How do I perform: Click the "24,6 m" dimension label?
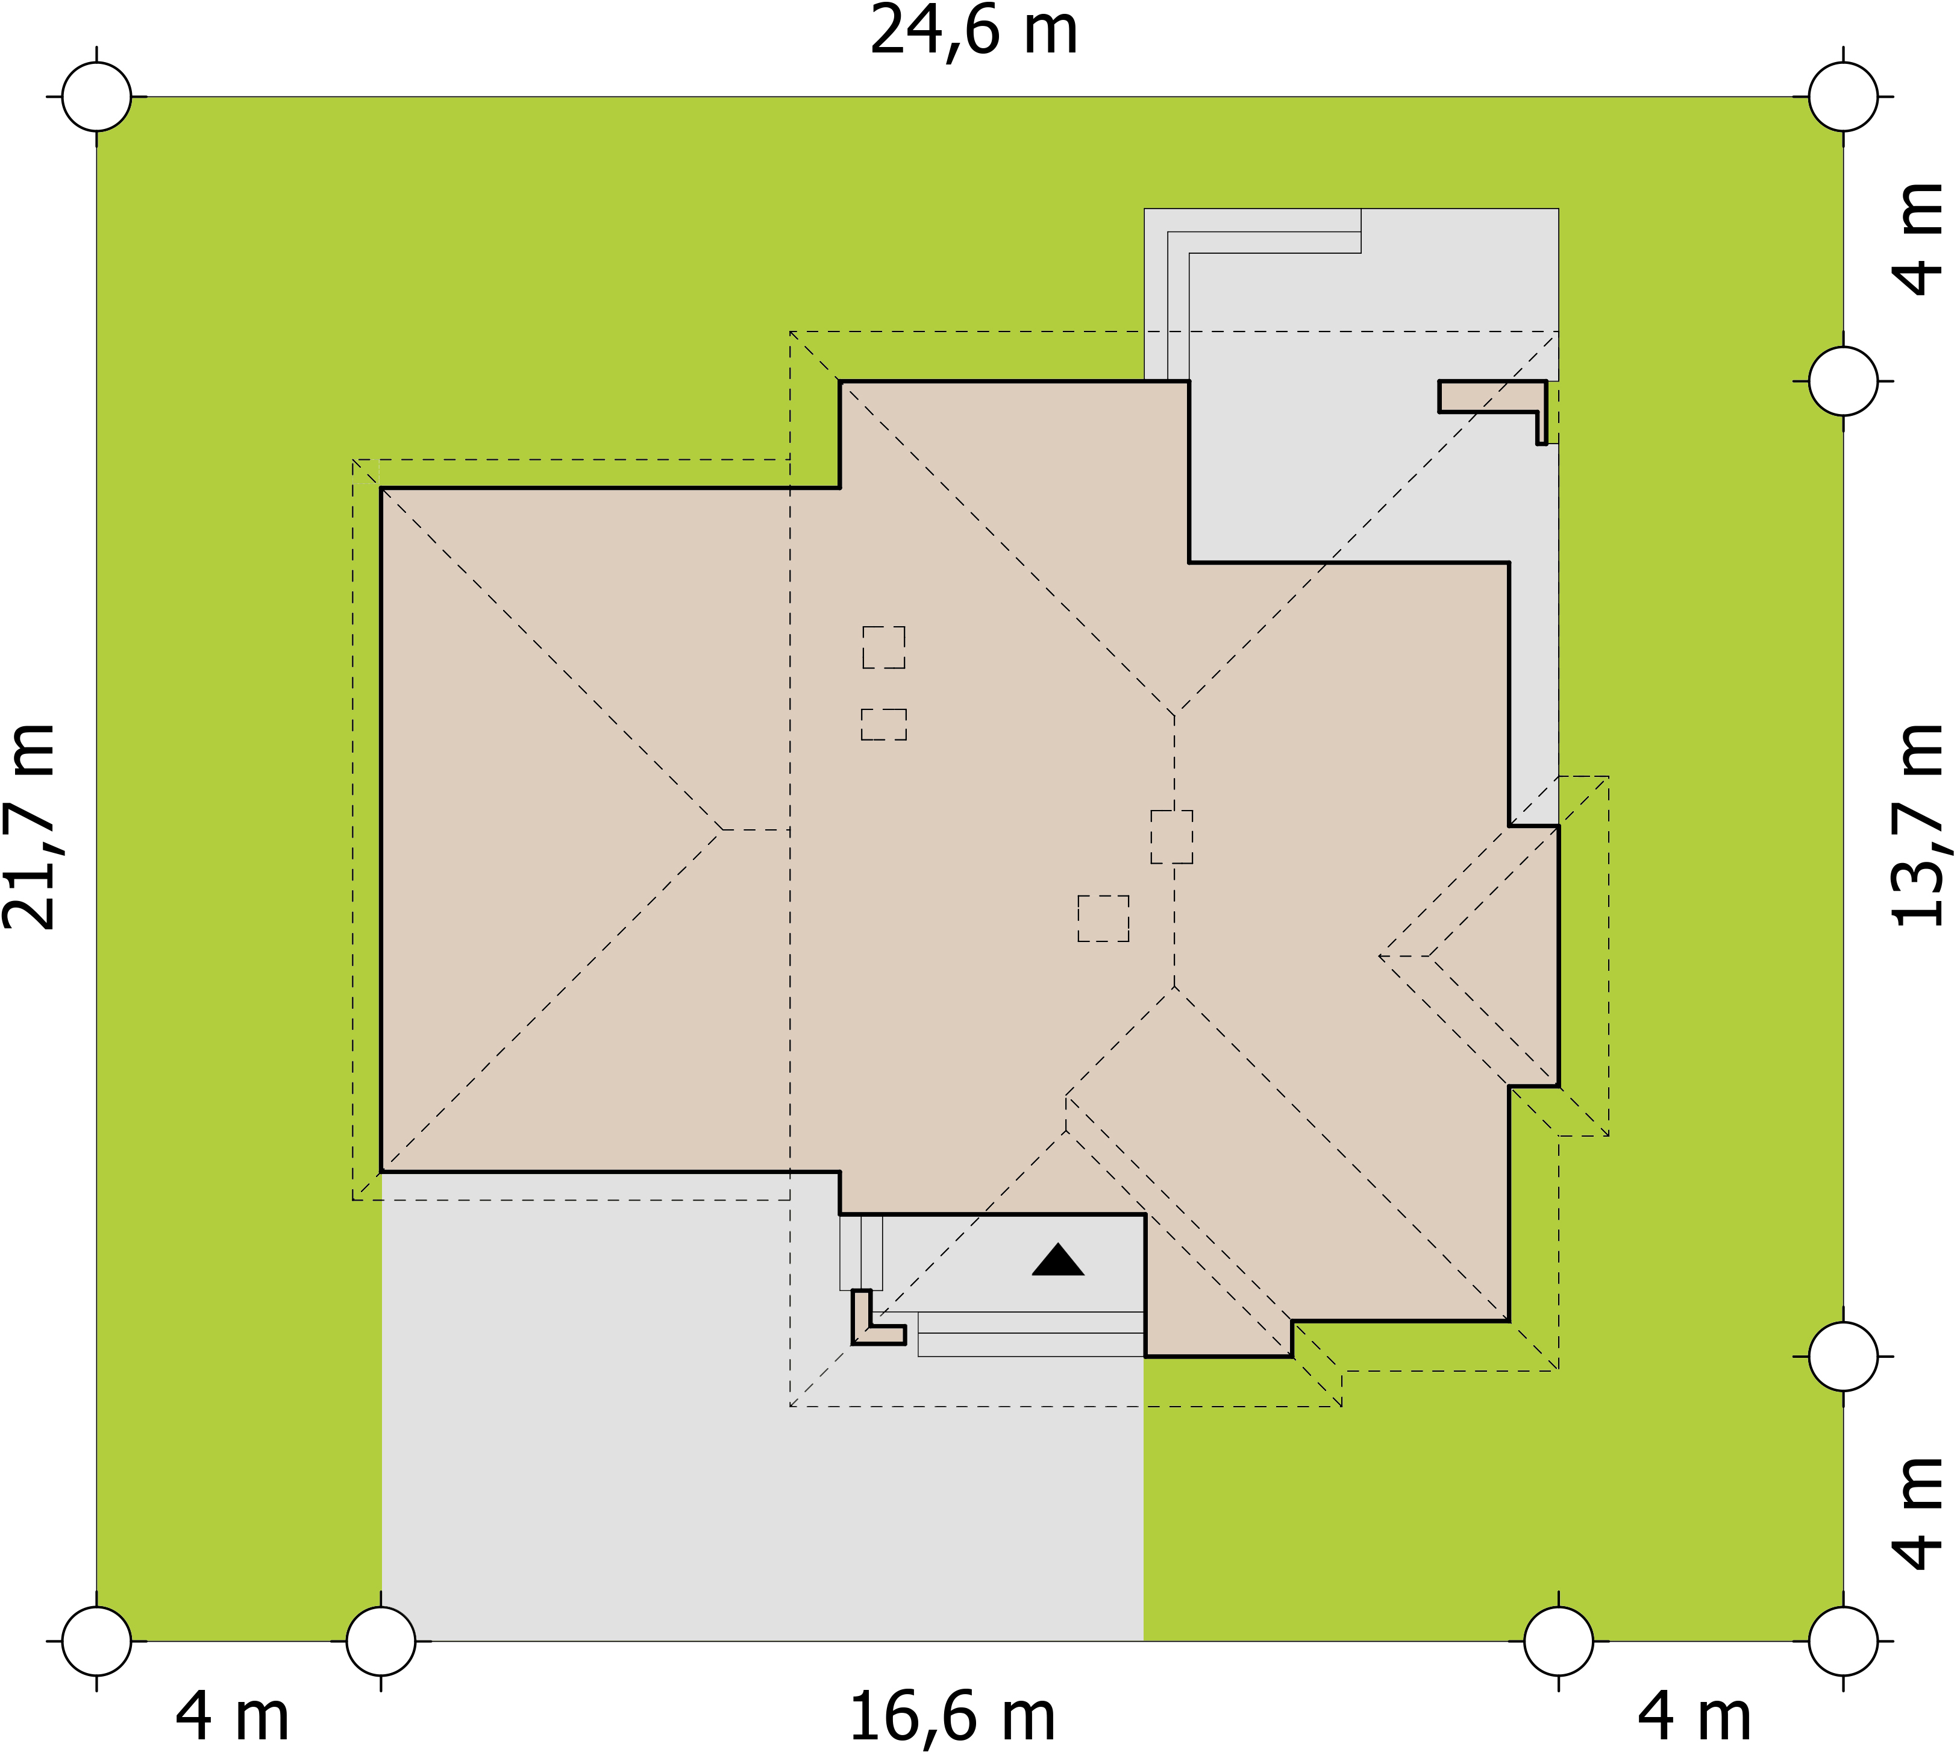tap(974, 32)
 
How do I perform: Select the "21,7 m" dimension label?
tap(30, 826)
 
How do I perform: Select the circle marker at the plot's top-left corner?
tap(96, 96)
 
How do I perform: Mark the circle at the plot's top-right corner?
tap(1843, 96)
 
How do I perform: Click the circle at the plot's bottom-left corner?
tap(96, 1640)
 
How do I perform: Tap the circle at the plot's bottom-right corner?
tap(1843, 1640)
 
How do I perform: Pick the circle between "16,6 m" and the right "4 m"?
tap(1559, 1640)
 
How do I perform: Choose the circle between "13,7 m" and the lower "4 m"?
tap(1843, 1356)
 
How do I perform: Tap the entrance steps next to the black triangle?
tap(1030, 1334)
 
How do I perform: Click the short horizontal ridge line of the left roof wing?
tap(756, 829)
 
